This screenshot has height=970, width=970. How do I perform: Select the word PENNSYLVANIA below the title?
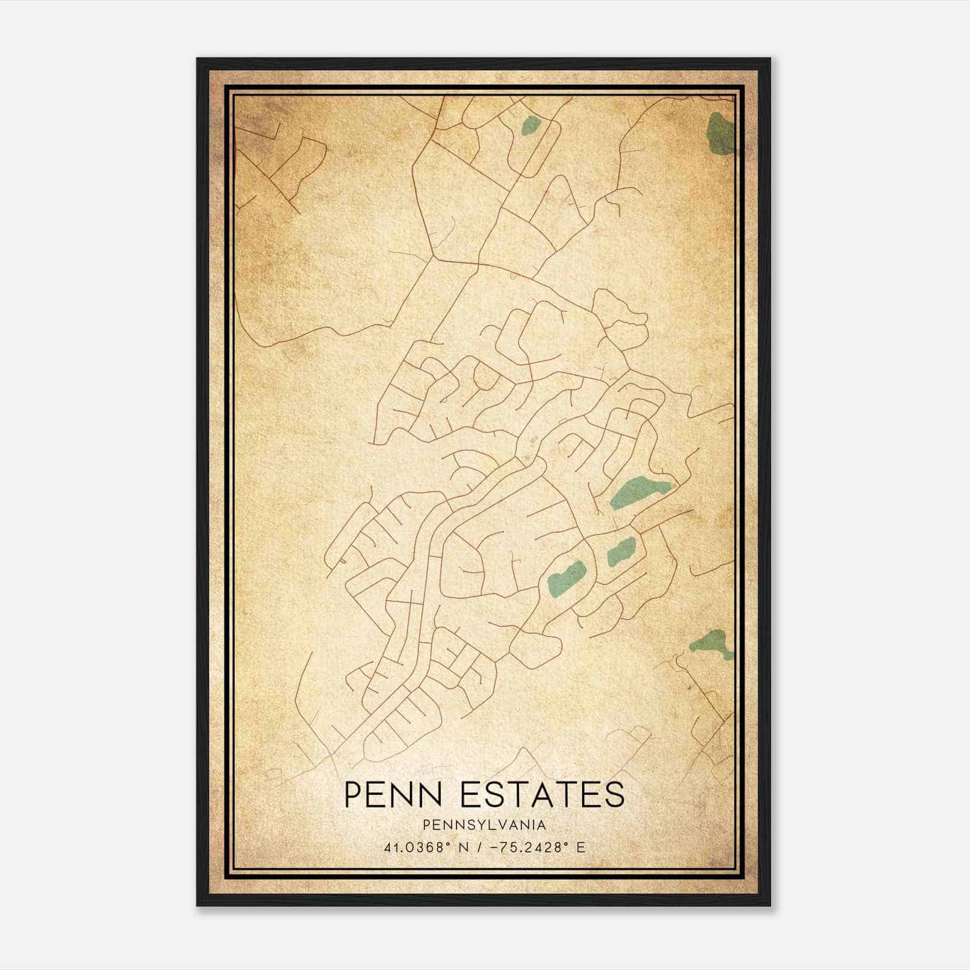(484, 825)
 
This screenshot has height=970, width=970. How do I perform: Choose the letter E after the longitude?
(581, 847)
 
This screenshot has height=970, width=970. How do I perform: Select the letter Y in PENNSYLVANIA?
(485, 825)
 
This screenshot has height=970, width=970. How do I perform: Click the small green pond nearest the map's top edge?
(531, 125)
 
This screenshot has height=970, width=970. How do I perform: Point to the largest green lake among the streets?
(638, 491)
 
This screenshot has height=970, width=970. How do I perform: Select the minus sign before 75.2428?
(498, 847)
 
